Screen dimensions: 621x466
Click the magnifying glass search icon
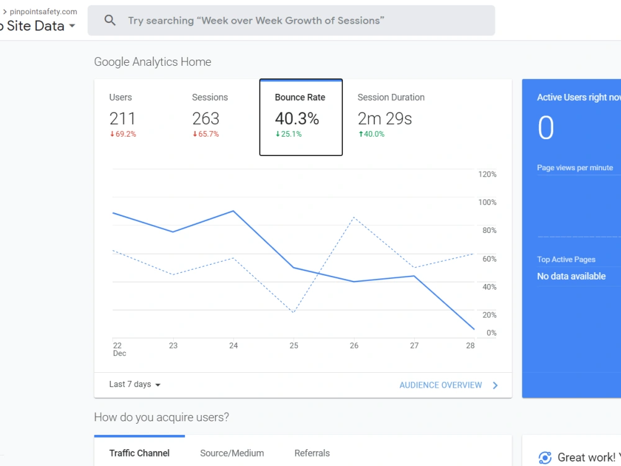click(110, 21)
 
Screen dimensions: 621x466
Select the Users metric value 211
click(122, 119)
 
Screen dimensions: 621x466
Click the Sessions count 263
click(206, 119)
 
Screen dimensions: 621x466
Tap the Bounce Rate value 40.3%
click(297, 119)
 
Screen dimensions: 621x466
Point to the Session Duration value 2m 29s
click(384, 119)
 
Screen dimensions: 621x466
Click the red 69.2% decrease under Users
click(123, 134)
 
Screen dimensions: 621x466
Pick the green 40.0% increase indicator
click(371, 134)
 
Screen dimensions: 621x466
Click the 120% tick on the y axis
click(487, 175)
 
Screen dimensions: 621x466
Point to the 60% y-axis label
click(489, 258)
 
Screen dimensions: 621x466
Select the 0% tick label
click(491, 333)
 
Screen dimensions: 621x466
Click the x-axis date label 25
click(294, 345)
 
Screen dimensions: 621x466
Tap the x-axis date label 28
click(470, 345)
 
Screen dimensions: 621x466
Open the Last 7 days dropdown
click(135, 385)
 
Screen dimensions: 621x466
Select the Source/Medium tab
click(232, 453)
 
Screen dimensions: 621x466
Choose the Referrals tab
click(312, 453)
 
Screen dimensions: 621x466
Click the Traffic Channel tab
click(139, 453)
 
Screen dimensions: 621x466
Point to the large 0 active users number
click(546, 127)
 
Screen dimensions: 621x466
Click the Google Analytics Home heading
click(153, 62)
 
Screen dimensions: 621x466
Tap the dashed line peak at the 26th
click(354, 217)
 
